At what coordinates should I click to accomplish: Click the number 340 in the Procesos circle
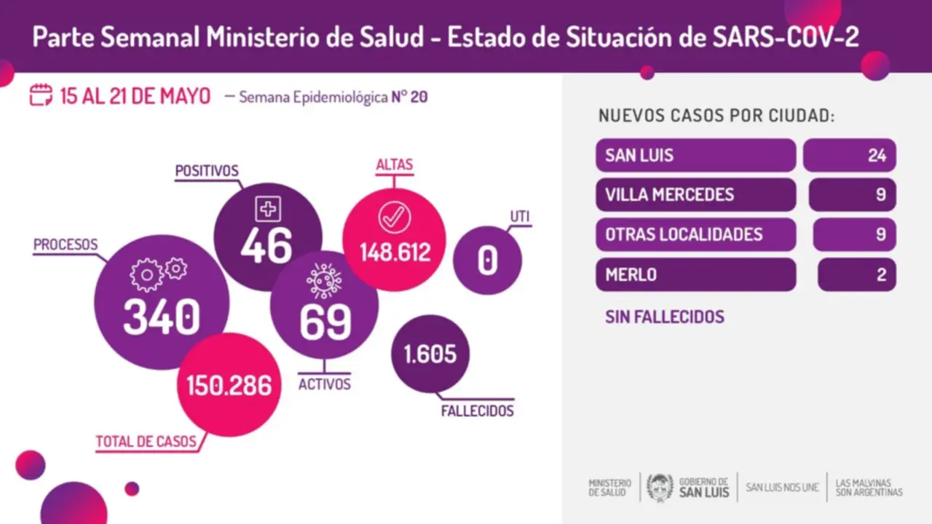tap(162, 318)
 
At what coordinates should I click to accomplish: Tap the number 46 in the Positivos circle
tap(267, 245)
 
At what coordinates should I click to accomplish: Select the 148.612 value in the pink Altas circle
tap(394, 253)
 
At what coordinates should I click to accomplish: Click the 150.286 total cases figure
tap(229, 386)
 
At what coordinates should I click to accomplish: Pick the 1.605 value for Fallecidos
tap(430, 354)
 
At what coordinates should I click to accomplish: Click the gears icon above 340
tap(158, 274)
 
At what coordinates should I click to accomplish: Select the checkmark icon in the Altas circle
tap(394, 217)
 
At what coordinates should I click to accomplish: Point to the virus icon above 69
tap(324, 280)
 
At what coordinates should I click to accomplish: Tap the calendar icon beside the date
tap(41, 95)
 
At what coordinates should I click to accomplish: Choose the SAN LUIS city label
tap(640, 155)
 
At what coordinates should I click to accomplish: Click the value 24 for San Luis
tap(876, 155)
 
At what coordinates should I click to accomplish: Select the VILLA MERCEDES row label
tap(670, 195)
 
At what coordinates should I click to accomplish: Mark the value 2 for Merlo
tap(880, 274)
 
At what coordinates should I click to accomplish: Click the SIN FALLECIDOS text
tap(665, 317)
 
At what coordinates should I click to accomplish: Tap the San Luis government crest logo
tap(660, 487)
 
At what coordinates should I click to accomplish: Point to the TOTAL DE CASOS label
tap(146, 441)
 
